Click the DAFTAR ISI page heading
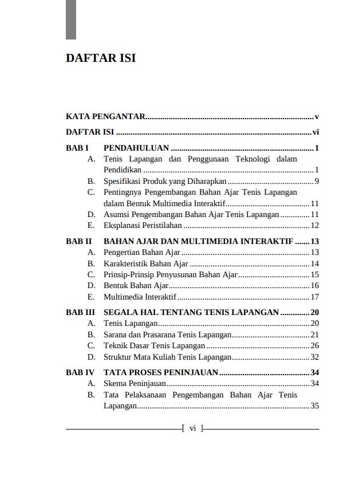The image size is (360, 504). click(101, 58)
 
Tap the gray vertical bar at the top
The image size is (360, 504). click(71, 19)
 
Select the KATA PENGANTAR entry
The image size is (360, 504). click(106, 116)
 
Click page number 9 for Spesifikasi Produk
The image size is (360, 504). click(316, 182)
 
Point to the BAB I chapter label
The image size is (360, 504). click(77, 148)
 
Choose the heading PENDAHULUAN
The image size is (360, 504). click(136, 148)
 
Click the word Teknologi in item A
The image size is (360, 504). click(252, 159)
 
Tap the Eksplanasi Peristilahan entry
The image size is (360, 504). click(143, 226)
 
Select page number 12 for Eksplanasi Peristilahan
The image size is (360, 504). click(314, 226)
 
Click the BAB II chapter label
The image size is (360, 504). click(79, 242)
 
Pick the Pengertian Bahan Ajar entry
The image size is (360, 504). click(142, 253)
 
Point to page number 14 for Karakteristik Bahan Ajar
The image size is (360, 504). click(314, 264)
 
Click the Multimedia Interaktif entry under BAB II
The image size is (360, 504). click(140, 297)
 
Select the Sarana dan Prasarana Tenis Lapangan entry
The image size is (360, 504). click(167, 335)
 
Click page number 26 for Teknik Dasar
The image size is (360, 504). click(314, 346)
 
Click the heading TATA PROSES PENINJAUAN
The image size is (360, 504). click(161, 373)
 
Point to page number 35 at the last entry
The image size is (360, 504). click(314, 406)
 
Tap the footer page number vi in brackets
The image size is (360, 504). click(192, 428)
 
